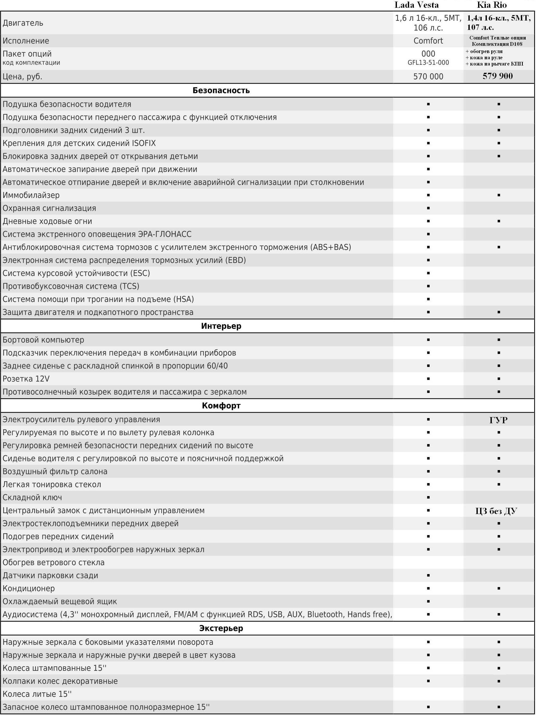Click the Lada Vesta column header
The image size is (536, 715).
coord(416,5)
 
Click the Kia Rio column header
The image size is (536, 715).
coord(492,5)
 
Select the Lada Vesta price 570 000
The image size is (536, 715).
coord(428,77)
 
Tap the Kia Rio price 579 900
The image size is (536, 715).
coord(498,76)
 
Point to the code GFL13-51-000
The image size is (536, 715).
coord(428,63)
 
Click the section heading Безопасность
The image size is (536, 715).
coord(221,90)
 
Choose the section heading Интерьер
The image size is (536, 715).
coord(221,326)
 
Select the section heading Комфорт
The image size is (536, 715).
coord(221,406)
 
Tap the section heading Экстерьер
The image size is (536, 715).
coord(221,628)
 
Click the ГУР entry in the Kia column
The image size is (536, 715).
coord(498,420)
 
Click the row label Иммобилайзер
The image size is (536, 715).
coord(31,195)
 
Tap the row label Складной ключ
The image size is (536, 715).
coord(32,497)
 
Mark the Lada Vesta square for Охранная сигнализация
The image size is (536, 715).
coord(428,208)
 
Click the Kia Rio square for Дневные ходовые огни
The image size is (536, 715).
coord(499,221)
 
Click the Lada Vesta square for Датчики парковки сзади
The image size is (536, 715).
coord(428,575)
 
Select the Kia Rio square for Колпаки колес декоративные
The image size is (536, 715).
coord(499,681)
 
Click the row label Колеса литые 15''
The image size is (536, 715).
coord(37,694)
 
